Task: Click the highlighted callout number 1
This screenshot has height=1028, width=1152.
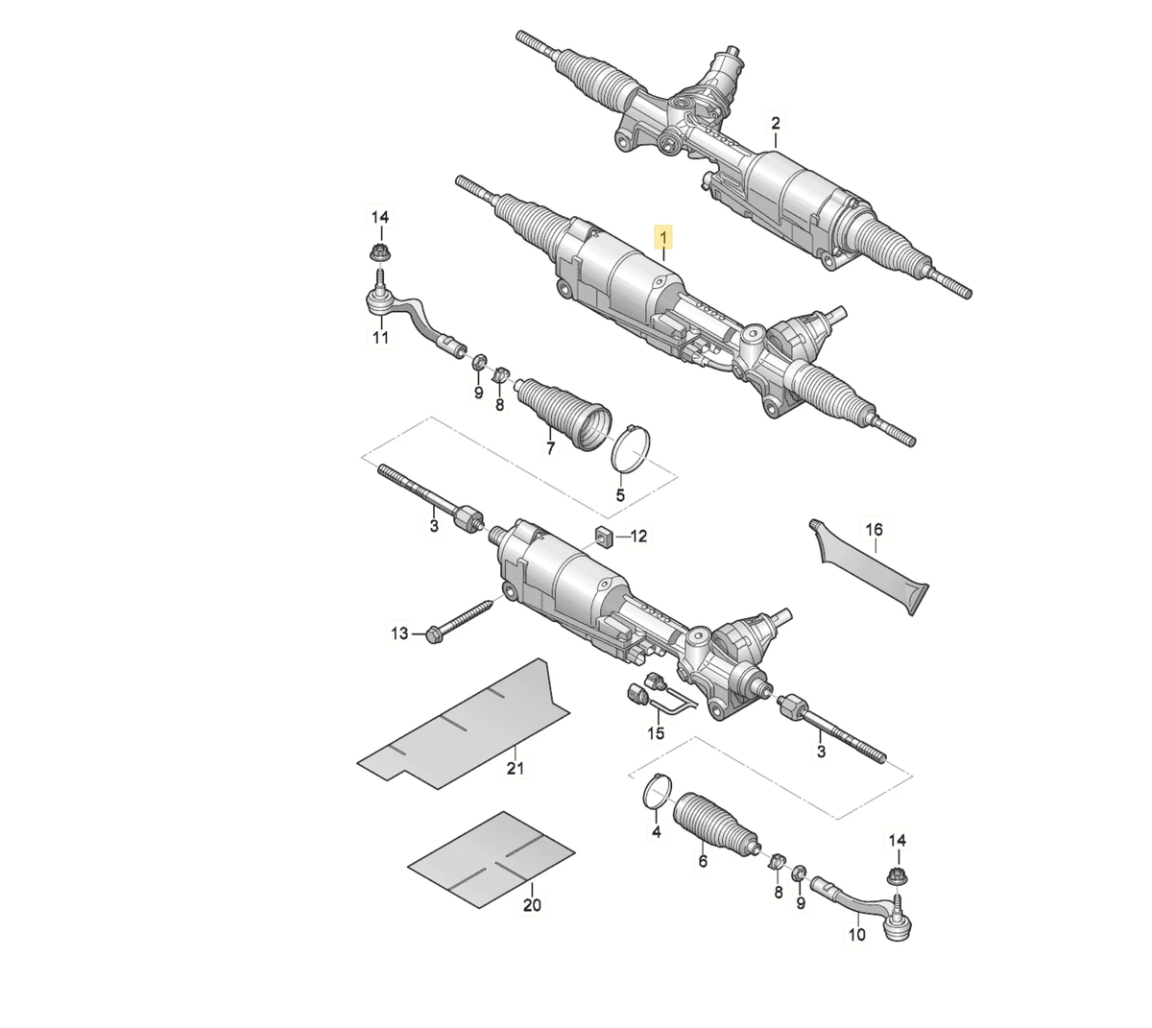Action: [663, 236]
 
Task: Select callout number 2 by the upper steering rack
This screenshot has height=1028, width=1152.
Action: [776, 123]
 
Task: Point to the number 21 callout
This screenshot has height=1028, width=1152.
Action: [515, 768]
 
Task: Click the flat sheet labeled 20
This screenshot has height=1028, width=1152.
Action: [492, 859]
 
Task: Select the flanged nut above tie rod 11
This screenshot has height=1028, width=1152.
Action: [380, 251]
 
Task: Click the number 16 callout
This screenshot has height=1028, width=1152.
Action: [874, 529]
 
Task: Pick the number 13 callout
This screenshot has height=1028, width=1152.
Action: [399, 633]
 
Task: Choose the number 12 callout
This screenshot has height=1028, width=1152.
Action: [639, 536]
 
